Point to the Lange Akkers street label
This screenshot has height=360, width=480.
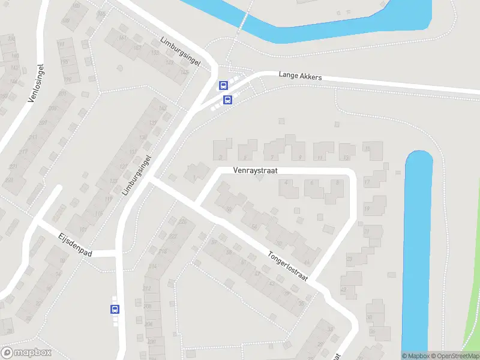point(300,77)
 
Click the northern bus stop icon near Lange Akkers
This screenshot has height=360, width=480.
point(223,86)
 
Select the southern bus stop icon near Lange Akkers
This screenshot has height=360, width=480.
point(228,100)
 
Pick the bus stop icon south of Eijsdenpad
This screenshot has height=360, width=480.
point(115,310)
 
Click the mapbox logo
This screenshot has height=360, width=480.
point(26,353)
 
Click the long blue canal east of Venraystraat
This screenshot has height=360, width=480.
point(418,252)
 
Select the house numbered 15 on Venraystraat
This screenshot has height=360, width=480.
point(376,151)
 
